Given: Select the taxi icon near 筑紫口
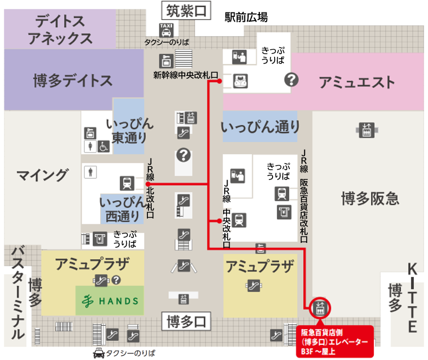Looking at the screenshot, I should click(x=166, y=29).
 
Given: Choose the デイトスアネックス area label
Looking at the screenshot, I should click(x=60, y=30).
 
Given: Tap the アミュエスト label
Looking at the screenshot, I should click(x=356, y=83).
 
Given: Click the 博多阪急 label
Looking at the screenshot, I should click(x=370, y=198).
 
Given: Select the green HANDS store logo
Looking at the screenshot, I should click(x=109, y=300).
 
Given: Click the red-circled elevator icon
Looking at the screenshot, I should click(x=320, y=309).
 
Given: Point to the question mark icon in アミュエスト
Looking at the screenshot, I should click(x=292, y=80).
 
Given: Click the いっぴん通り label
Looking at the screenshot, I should click(x=261, y=127).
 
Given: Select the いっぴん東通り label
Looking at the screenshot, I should click(x=129, y=130).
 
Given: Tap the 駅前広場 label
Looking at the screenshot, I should click(x=246, y=17).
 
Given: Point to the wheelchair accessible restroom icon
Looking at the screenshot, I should click(x=103, y=146).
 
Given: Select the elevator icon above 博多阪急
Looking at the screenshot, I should click(x=367, y=129).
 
